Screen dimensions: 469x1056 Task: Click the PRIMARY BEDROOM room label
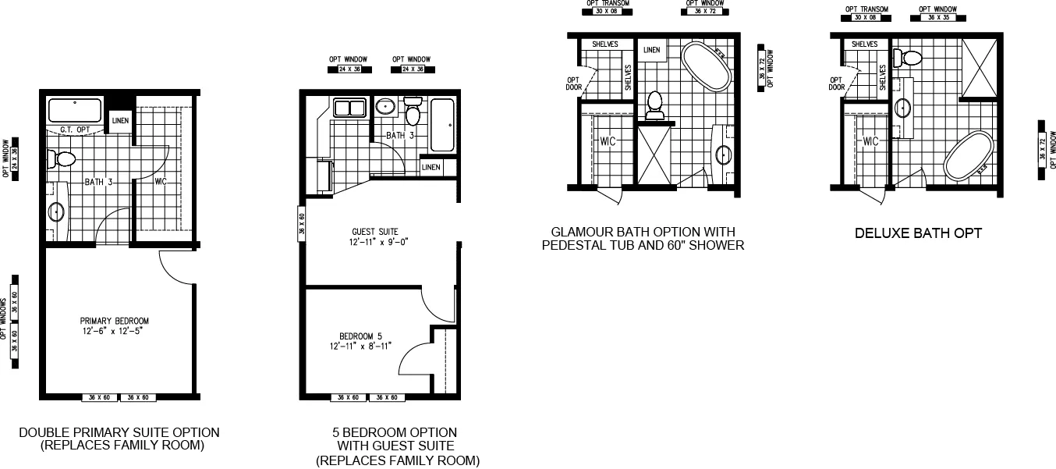[115, 321]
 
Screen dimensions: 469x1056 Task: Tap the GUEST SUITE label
[375, 232]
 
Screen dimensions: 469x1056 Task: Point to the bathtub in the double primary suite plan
[75, 110]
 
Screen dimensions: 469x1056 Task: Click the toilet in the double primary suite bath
[62, 159]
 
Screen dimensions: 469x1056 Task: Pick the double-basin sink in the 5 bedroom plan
[350, 108]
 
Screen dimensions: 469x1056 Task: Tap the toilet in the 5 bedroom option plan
[413, 113]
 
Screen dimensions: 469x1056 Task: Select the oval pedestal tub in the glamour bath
[707, 67]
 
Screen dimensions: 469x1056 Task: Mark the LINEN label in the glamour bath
[651, 51]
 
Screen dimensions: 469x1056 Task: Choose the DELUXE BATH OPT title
[917, 233]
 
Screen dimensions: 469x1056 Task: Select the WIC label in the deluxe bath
[871, 141]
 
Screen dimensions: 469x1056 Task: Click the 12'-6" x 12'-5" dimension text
[115, 332]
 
